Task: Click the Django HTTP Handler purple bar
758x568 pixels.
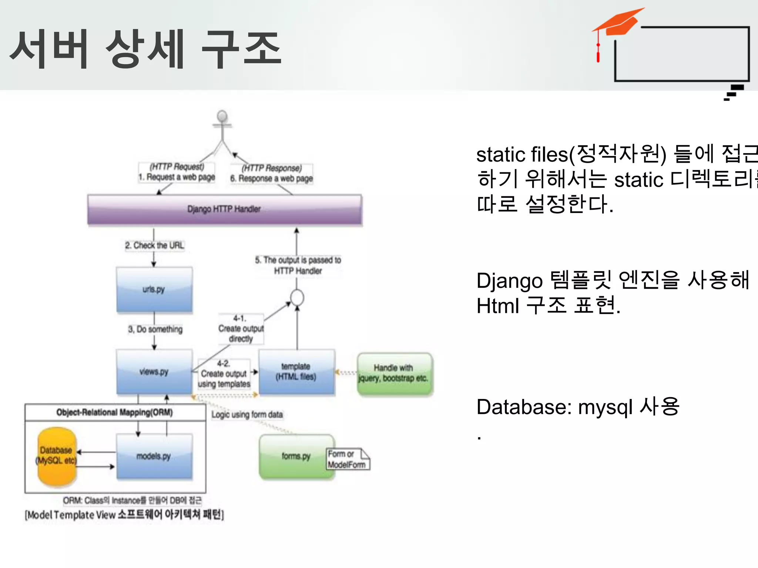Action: coord(224,209)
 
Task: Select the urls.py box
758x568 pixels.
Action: coord(154,290)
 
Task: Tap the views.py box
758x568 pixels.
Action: coord(154,372)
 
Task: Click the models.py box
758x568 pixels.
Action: coord(154,456)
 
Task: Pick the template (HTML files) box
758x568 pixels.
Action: coord(296,372)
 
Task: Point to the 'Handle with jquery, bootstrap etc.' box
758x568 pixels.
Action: coord(394,373)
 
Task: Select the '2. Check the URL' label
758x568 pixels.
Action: coord(154,246)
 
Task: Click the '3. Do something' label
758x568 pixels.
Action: coord(155,329)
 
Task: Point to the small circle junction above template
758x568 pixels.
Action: coord(297,298)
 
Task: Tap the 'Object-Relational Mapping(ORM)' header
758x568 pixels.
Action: coord(115,412)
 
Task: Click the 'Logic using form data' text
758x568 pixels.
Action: coord(247,415)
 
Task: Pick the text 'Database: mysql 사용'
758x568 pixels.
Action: coord(577,407)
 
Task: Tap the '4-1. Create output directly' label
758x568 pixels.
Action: coord(241,328)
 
